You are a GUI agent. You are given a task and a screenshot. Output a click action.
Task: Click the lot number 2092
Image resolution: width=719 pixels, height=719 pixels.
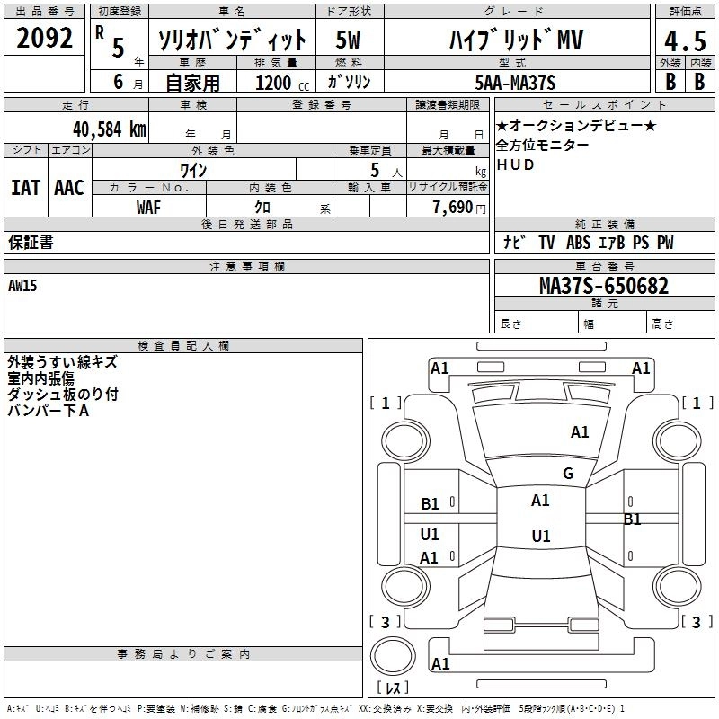(44, 38)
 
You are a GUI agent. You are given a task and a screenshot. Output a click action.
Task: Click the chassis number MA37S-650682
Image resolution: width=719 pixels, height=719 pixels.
(603, 286)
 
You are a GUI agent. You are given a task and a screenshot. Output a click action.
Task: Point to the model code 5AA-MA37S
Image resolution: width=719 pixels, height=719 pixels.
(516, 83)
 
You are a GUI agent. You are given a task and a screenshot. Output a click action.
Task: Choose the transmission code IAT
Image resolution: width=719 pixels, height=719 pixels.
(26, 188)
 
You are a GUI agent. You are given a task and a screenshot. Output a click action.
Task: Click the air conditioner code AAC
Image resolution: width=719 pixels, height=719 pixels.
(69, 188)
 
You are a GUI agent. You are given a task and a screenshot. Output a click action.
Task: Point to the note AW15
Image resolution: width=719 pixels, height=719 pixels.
(23, 286)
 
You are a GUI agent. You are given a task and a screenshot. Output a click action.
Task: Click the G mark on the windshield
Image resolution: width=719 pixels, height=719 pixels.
(567, 474)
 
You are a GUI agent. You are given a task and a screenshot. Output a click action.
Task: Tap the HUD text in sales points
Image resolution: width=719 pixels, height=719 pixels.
(515, 165)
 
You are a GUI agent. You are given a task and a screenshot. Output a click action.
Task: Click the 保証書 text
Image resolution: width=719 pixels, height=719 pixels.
(31, 243)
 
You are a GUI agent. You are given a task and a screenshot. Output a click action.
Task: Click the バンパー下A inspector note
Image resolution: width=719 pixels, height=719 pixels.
(49, 411)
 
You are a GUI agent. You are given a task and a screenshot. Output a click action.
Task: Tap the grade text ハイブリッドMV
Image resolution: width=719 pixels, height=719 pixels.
(515, 40)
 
